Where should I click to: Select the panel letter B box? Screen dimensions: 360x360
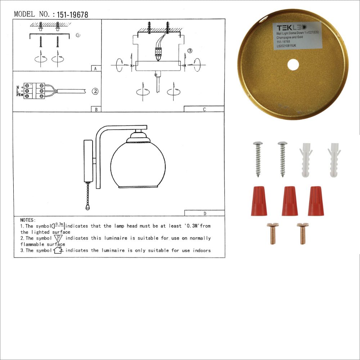(96, 109)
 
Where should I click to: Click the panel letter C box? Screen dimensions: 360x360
(204, 109)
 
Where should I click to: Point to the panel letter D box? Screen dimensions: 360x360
(204, 213)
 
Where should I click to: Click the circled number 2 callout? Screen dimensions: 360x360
(95, 91)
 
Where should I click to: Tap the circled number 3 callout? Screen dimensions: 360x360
(190, 51)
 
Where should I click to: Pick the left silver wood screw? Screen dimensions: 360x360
(258, 158)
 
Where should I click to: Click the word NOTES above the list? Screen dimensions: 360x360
(28, 220)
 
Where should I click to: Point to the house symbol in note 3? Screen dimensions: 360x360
(58, 250)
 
